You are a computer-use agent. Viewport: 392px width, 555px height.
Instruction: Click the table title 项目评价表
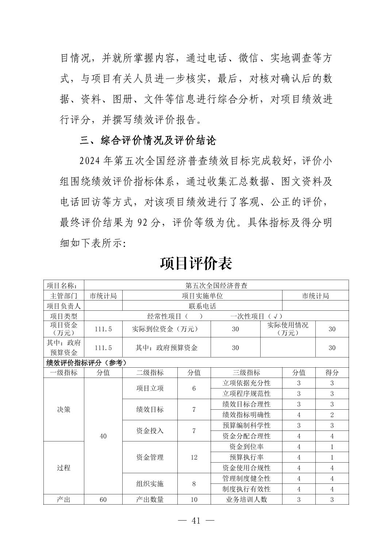click(x=196, y=263)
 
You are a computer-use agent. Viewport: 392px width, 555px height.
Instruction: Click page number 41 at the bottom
click(x=196, y=521)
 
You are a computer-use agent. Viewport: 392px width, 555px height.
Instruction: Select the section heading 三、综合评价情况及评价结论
click(x=148, y=140)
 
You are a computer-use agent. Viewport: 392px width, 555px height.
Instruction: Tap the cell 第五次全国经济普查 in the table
click(x=216, y=286)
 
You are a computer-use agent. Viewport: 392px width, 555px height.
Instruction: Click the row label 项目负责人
click(x=64, y=306)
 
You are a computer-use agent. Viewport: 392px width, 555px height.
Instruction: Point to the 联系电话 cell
click(x=202, y=306)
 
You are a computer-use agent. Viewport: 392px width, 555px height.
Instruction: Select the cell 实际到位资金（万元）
click(x=166, y=329)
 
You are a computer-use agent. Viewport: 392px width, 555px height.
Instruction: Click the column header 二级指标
click(x=150, y=372)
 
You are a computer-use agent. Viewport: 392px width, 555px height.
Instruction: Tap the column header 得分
click(x=332, y=372)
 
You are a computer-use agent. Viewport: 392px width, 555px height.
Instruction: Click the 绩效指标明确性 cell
click(x=246, y=415)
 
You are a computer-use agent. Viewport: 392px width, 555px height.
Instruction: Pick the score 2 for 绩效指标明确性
click(x=332, y=415)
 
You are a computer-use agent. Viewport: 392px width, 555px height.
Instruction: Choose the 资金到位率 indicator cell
click(x=246, y=447)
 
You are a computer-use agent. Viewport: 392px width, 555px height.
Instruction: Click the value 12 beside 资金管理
click(x=194, y=457)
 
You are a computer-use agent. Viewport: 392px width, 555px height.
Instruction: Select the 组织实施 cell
click(x=150, y=484)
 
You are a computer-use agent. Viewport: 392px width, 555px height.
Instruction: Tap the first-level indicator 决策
click(x=64, y=409)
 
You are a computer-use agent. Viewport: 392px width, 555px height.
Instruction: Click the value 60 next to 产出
click(x=103, y=499)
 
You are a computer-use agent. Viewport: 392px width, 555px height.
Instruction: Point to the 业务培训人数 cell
click(x=246, y=499)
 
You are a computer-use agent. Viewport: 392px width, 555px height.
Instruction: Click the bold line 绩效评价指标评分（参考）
click(x=87, y=363)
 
